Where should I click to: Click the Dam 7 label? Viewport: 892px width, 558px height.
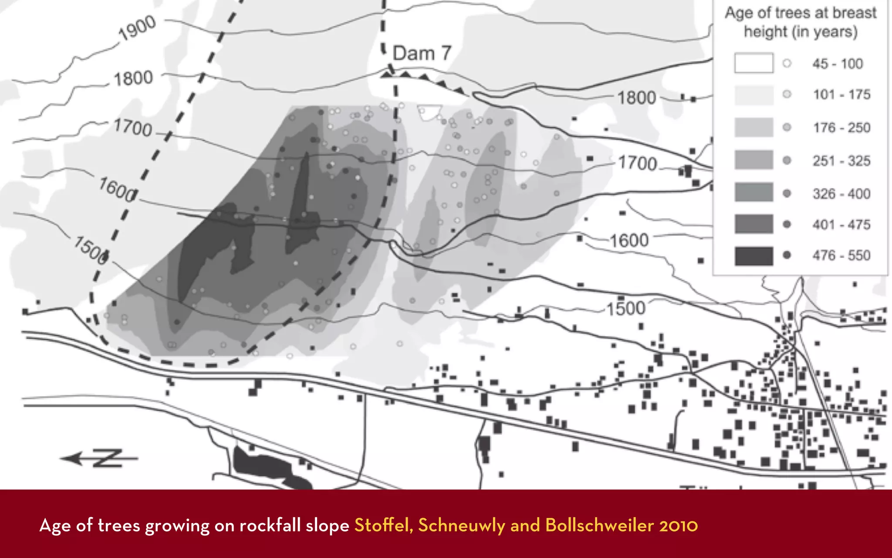pos(422,54)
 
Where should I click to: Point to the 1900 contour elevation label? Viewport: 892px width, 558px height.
pos(137,28)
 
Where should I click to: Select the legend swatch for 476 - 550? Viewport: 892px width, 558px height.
pos(754,256)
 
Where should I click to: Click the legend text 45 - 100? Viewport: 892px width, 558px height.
pos(837,64)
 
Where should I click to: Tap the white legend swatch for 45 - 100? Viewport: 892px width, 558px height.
pos(754,63)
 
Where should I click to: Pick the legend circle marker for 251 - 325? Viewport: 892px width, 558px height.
pos(787,160)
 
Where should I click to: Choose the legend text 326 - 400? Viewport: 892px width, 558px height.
pos(841,194)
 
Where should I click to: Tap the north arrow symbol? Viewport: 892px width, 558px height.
pos(99,459)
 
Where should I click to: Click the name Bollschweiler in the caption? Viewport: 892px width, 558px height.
pos(599,525)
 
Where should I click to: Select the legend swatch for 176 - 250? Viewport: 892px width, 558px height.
pos(754,127)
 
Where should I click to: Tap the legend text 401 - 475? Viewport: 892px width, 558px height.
pos(841,225)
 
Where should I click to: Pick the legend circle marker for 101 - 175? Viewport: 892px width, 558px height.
pos(787,94)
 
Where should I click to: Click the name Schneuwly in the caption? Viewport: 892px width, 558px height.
pos(461,525)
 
